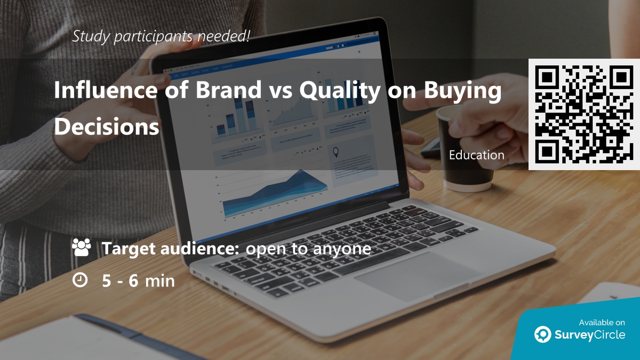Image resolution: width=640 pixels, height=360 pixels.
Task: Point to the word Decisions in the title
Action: tap(107, 126)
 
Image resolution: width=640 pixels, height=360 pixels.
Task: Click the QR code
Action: tap(584, 114)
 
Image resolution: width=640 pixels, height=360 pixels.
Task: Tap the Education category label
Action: tap(476, 155)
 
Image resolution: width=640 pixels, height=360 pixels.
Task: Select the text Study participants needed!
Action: tap(161, 37)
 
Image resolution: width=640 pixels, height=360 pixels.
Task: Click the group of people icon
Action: tap(81, 248)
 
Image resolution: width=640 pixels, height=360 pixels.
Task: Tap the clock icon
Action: tap(80, 280)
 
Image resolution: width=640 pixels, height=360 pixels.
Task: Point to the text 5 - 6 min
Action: tap(138, 281)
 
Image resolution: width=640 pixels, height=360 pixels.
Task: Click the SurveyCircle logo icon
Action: tap(543, 334)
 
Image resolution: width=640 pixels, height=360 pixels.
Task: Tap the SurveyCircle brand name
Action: tap(590, 335)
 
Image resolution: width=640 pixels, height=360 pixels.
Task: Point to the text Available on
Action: tap(602, 322)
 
